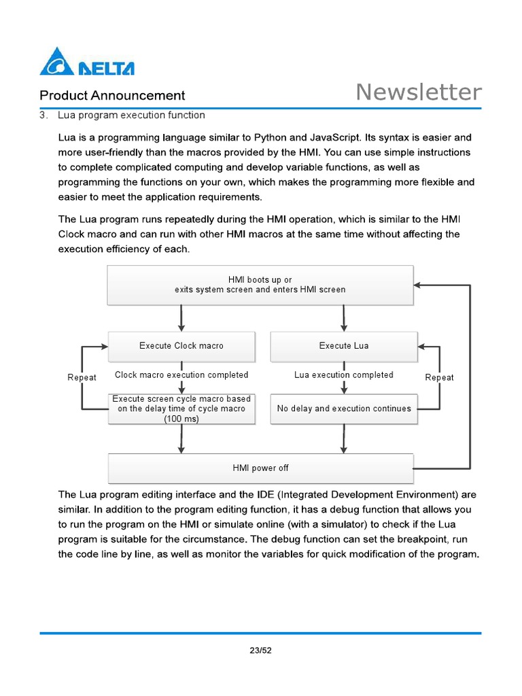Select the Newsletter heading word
419,92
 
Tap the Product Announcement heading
112,96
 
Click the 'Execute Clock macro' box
181,346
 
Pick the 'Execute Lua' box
344,346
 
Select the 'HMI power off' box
261,468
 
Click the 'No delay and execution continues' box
344,408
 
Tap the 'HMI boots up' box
260,284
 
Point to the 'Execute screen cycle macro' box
181,408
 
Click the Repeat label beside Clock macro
82,377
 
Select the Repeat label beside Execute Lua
439,377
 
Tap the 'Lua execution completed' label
344,375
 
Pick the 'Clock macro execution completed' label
181,375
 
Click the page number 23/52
260,650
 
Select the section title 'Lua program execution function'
131,115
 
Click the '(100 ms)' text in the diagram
181,419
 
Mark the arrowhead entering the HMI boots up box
417,285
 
